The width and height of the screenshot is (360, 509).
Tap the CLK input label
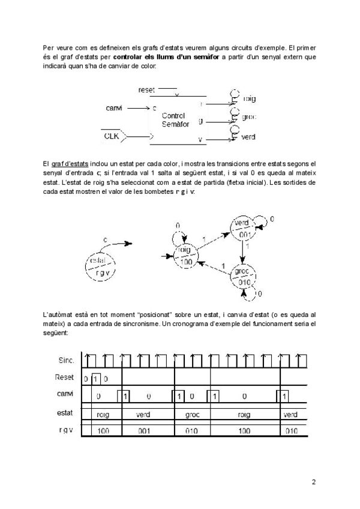112,137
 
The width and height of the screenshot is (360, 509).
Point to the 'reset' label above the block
146,89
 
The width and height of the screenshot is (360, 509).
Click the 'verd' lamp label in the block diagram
248,137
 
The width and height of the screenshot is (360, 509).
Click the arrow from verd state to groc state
245,253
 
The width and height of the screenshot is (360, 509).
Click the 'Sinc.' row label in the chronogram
66,360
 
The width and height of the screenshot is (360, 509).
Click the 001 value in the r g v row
143,430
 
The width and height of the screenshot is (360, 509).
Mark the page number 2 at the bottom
313,481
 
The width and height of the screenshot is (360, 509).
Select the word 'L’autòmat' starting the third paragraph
59,314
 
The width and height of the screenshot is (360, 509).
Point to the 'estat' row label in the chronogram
65,414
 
